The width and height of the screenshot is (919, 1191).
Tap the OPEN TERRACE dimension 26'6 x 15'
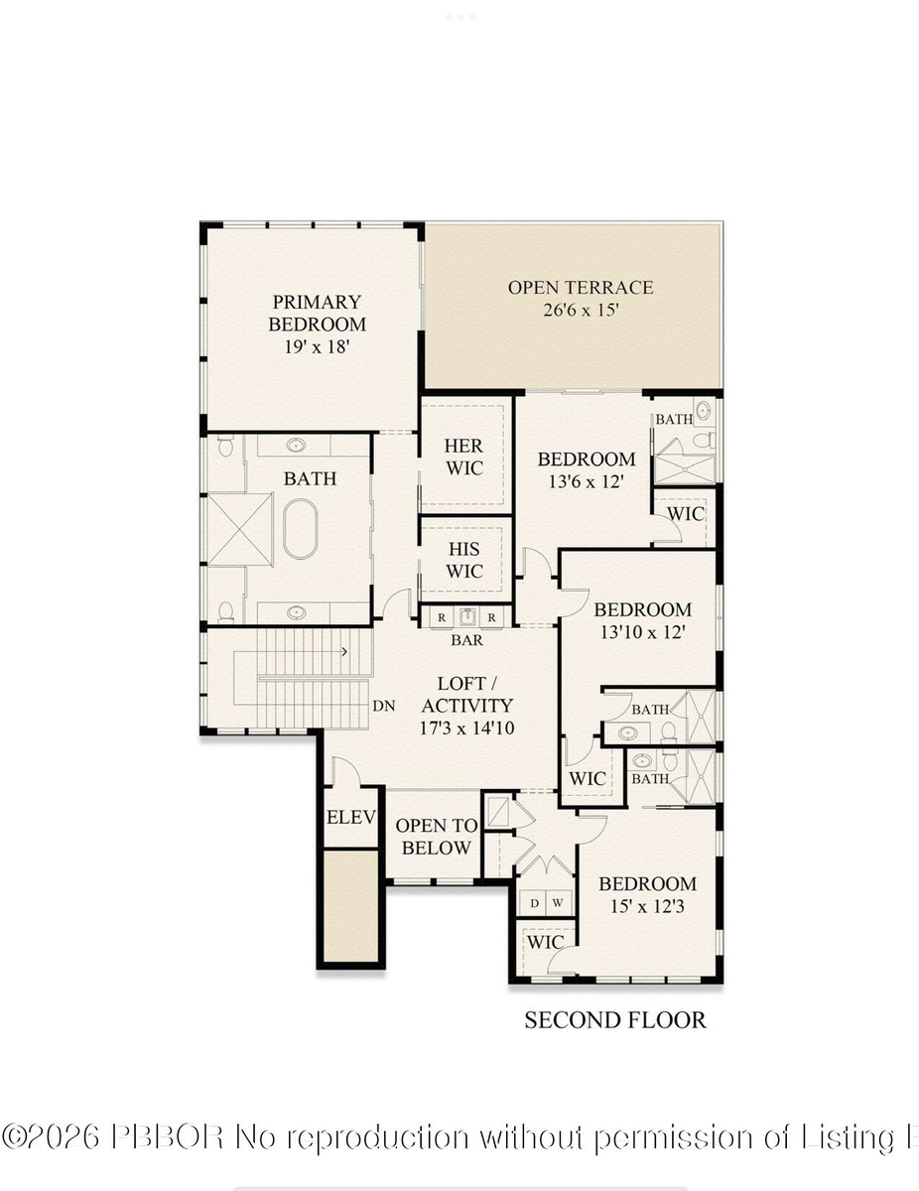coord(581,311)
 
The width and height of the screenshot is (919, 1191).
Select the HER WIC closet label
coord(463,458)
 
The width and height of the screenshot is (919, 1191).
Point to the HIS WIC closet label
coord(464,560)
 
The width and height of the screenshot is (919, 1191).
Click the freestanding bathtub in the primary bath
coord(301,528)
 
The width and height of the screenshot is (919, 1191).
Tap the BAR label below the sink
coord(466,639)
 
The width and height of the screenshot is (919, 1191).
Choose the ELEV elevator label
coord(351,817)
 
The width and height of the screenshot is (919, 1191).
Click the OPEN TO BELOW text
coord(437,837)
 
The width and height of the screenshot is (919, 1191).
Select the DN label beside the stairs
coord(384,706)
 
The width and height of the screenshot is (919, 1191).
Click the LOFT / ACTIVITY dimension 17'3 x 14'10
coord(466,728)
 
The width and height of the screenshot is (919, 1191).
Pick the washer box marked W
coord(558,903)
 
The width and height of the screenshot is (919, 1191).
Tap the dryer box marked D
coord(534,903)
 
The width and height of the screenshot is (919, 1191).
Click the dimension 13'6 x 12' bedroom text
coord(586,481)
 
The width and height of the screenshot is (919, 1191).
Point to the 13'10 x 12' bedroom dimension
coord(643,632)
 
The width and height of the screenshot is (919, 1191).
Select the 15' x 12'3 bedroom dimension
coord(647,906)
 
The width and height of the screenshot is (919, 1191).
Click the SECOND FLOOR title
coord(615,1020)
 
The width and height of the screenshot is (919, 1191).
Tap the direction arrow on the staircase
coord(344,652)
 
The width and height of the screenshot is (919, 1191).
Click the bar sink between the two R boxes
coord(466,616)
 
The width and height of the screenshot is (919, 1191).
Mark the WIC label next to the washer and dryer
coord(545,942)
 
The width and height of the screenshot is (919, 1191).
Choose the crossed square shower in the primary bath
coord(240,528)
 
